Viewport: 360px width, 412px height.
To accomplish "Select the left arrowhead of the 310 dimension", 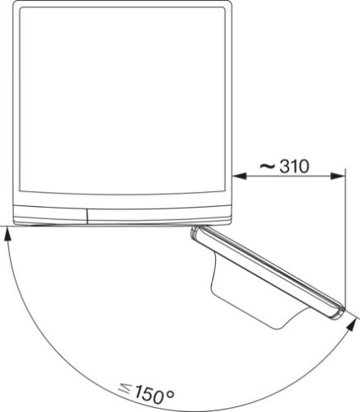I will [x=239, y=175].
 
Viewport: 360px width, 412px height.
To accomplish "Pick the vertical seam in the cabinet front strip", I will [x=86, y=213].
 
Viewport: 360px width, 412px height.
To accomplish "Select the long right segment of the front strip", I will [x=157, y=213].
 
